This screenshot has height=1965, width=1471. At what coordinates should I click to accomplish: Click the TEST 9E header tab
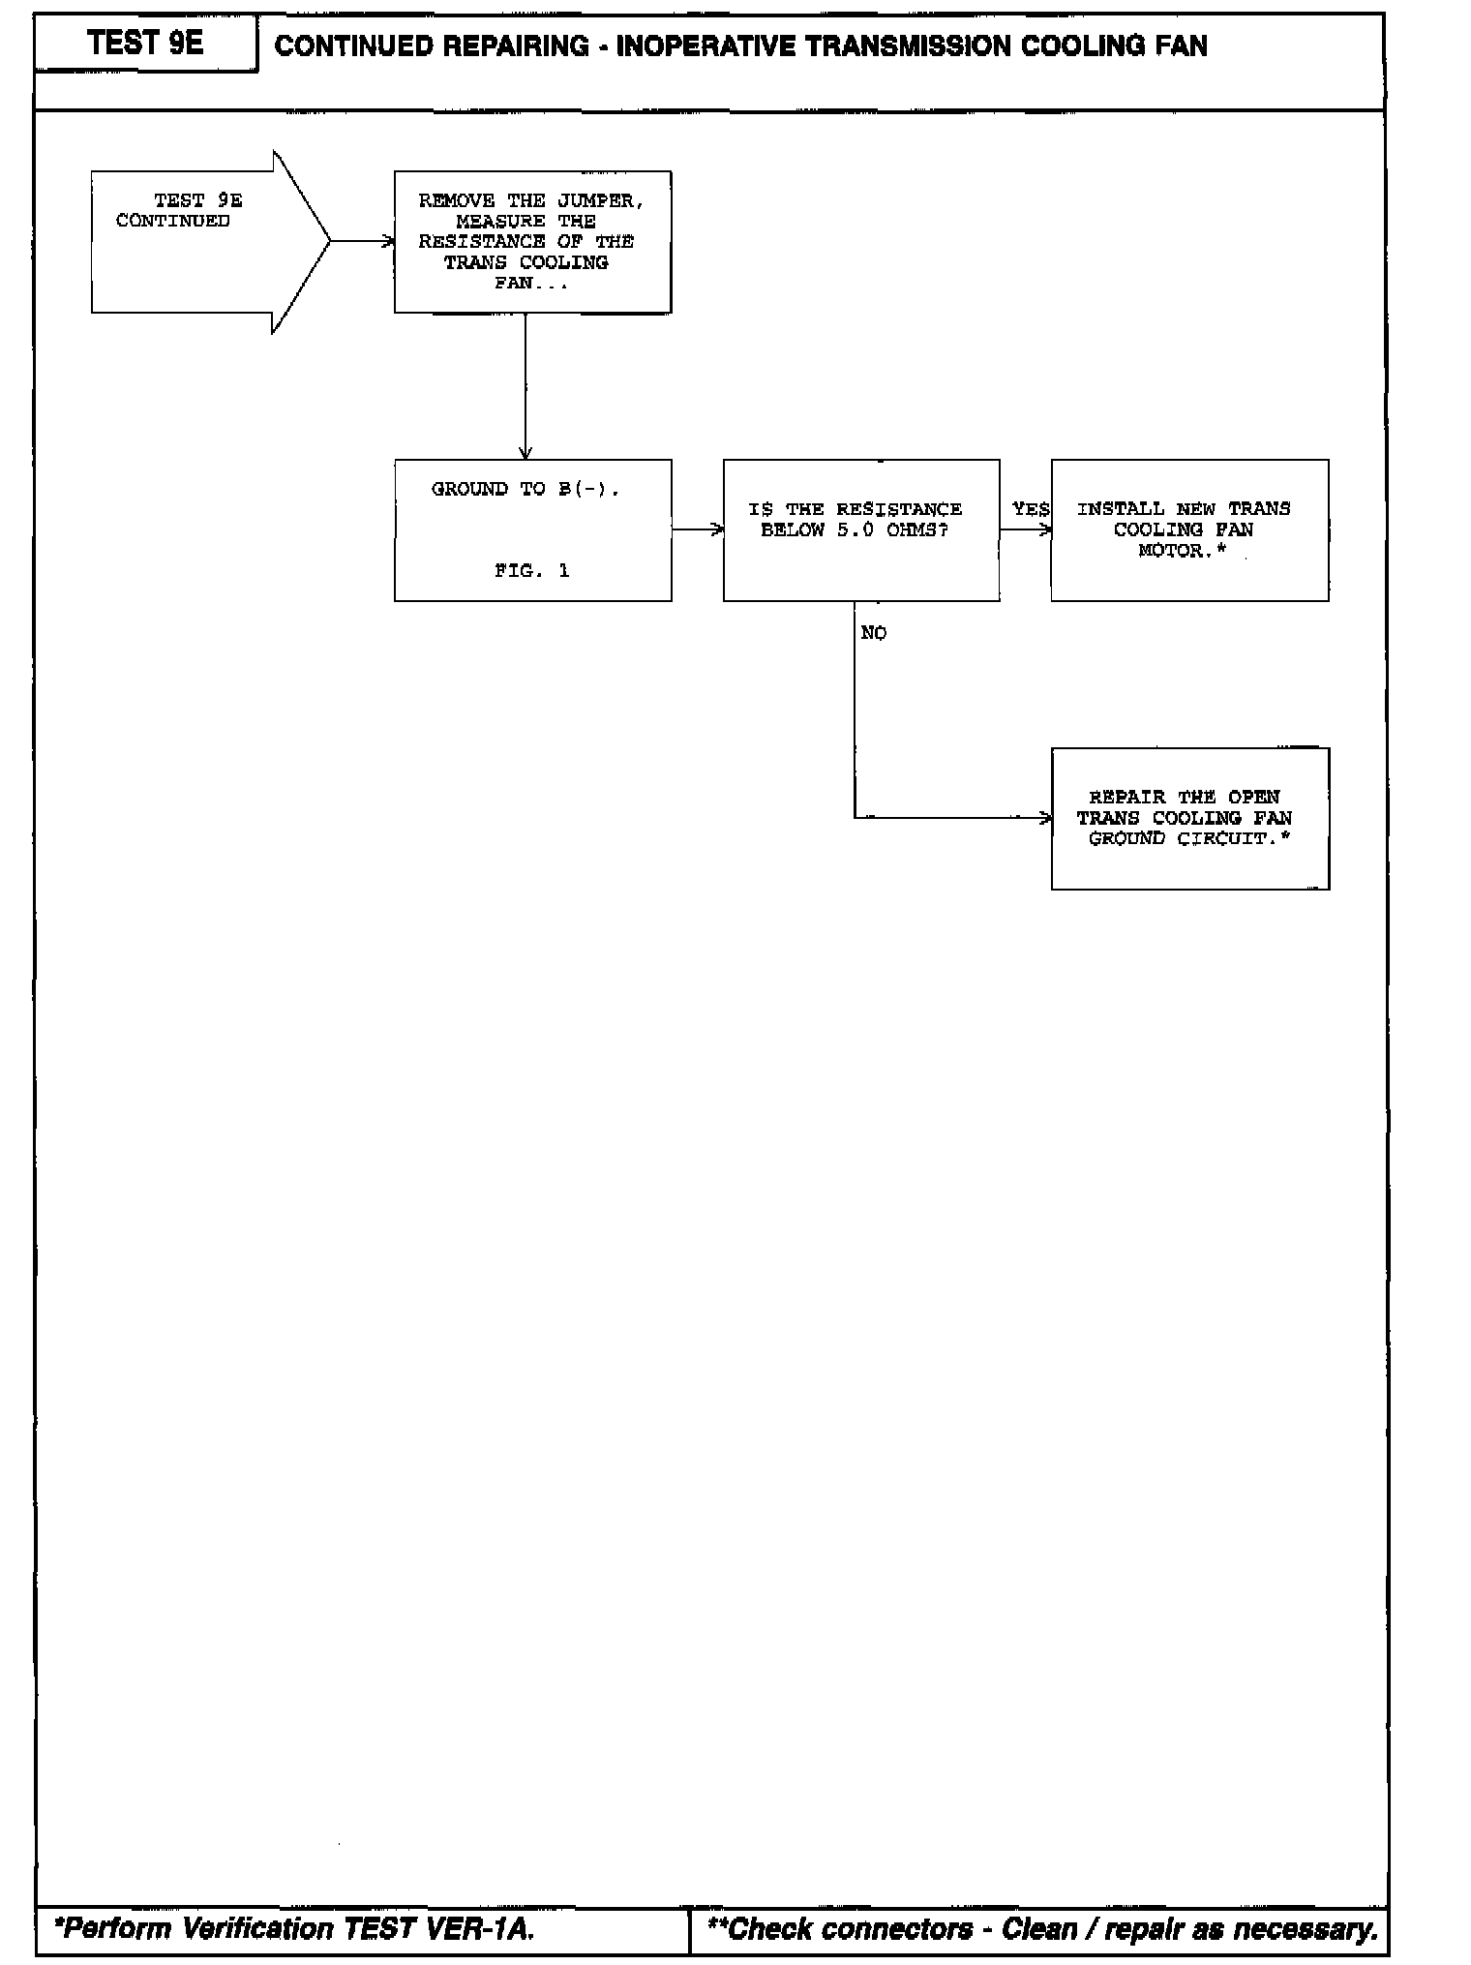145,44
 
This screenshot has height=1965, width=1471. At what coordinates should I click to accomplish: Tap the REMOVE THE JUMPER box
532,242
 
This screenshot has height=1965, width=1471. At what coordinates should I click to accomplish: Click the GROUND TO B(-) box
532,529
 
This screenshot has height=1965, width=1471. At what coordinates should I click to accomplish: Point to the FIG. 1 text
531,571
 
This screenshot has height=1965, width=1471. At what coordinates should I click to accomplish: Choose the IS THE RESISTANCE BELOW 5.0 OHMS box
860,529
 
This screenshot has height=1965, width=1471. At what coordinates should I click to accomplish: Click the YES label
1030,509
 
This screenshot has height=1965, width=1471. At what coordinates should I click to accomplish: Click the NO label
873,633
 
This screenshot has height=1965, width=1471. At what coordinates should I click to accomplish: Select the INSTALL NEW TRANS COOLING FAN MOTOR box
1189,529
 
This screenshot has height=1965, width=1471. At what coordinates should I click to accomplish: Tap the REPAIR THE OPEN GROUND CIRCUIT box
1189,818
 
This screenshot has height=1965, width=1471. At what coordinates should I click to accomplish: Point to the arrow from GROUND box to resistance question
697,529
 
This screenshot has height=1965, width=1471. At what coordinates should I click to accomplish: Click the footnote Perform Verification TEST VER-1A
295,1929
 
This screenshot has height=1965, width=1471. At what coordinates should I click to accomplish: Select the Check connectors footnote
1042,1929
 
